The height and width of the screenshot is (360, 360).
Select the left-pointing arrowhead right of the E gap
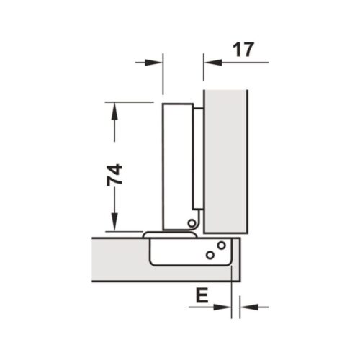point(246,306)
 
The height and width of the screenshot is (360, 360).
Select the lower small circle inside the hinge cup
point(210,255)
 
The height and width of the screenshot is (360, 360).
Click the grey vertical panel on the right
point(226,158)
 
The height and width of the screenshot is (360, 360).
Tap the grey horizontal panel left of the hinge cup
point(119,259)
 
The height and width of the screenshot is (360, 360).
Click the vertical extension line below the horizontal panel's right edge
point(233,295)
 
